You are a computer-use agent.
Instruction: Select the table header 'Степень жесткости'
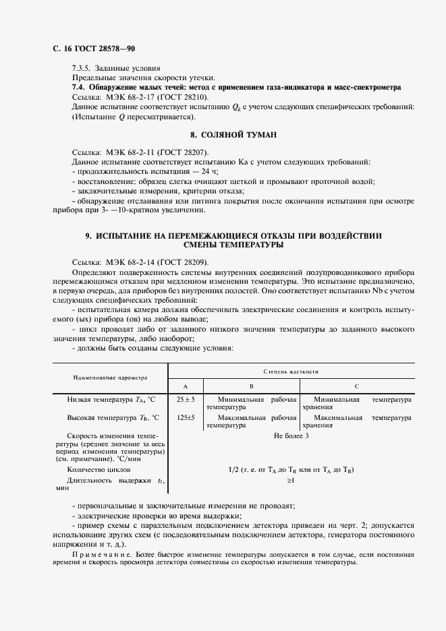coord(291,371)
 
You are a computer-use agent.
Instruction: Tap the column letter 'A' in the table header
coord(185,386)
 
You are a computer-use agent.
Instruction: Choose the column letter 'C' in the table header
coord(356,386)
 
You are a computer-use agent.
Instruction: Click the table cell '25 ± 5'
coord(186,400)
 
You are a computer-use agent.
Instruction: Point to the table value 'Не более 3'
coord(291,435)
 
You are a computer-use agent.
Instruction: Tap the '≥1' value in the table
coord(291,481)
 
